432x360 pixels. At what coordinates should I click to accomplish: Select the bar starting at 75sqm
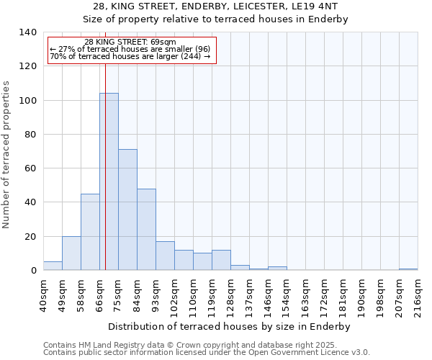pyautogui.click(x=127, y=210)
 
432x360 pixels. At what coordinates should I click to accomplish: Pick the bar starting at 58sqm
pyautogui.click(x=90, y=232)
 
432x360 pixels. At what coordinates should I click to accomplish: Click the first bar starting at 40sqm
pyautogui.click(x=53, y=266)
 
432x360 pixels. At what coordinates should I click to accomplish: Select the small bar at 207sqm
pyautogui.click(x=408, y=269)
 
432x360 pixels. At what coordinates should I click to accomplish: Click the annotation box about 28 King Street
pyautogui.click(x=132, y=50)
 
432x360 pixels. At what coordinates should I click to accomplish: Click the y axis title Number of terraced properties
pyautogui.click(x=6, y=155)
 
